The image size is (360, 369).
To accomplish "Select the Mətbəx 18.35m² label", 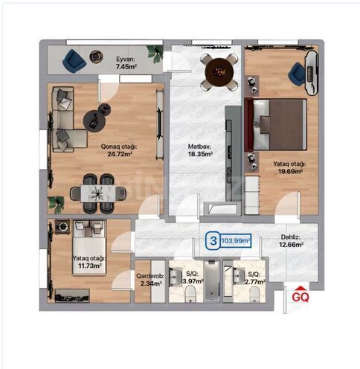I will point(199,151).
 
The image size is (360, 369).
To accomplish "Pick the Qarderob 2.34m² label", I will point(150,279).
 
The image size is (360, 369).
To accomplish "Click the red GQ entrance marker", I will point(300,294).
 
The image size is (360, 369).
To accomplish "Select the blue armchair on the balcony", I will point(72,60).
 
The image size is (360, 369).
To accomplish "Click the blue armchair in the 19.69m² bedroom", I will point(298,73).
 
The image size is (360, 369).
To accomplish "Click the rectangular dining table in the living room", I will point(98,193).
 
